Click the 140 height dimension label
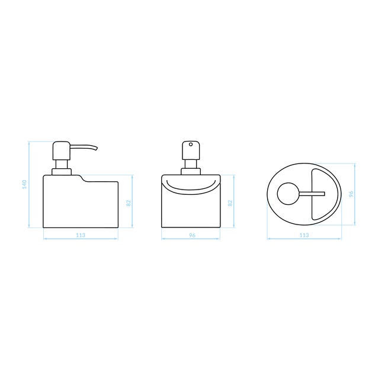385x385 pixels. click(x=24, y=184)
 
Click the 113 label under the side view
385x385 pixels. click(x=81, y=235)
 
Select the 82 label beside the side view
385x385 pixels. click(x=129, y=203)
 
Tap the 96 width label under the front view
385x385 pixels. click(x=192, y=235)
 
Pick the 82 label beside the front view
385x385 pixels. click(x=230, y=203)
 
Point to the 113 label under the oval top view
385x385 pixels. click(x=304, y=235)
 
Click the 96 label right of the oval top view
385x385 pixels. click(x=351, y=194)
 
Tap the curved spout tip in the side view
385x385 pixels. click(x=97, y=149)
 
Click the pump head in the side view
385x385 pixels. click(x=62, y=151)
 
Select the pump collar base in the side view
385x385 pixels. click(x=62, y=172)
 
